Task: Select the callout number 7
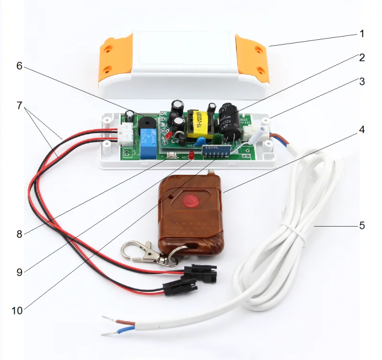[19, 105]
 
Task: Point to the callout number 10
[17, 311]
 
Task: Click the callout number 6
[19, 66]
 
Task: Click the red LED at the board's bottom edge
[191, 155]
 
